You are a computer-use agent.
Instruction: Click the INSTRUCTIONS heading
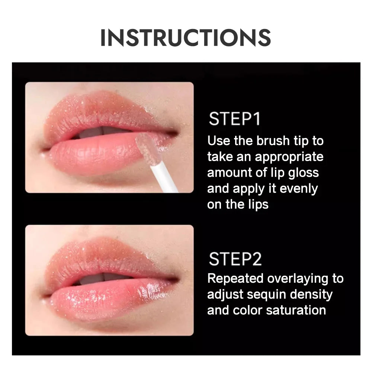click(186, 38)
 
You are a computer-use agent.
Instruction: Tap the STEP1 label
click(234, 119)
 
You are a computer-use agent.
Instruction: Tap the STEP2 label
click(235, 259)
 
